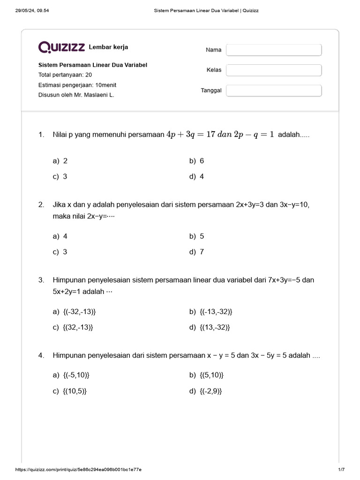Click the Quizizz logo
coord(61,47)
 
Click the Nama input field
coord(274,50)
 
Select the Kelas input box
coord(274,70)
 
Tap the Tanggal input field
coord(274,90)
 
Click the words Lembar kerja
coord(108,47)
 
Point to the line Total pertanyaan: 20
coord(65,75)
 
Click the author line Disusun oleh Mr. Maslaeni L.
coord(76,95)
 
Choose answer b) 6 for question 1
coord(197,161)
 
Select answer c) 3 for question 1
coord(60,177)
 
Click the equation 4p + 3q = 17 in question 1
coord(191,135)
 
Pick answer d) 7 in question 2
coord(197,252)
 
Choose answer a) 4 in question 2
coord(60,236)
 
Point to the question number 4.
coord(41,356)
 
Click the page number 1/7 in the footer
coord(341,469)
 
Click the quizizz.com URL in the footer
coord(79,469)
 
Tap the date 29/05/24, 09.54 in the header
coord(32,10)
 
